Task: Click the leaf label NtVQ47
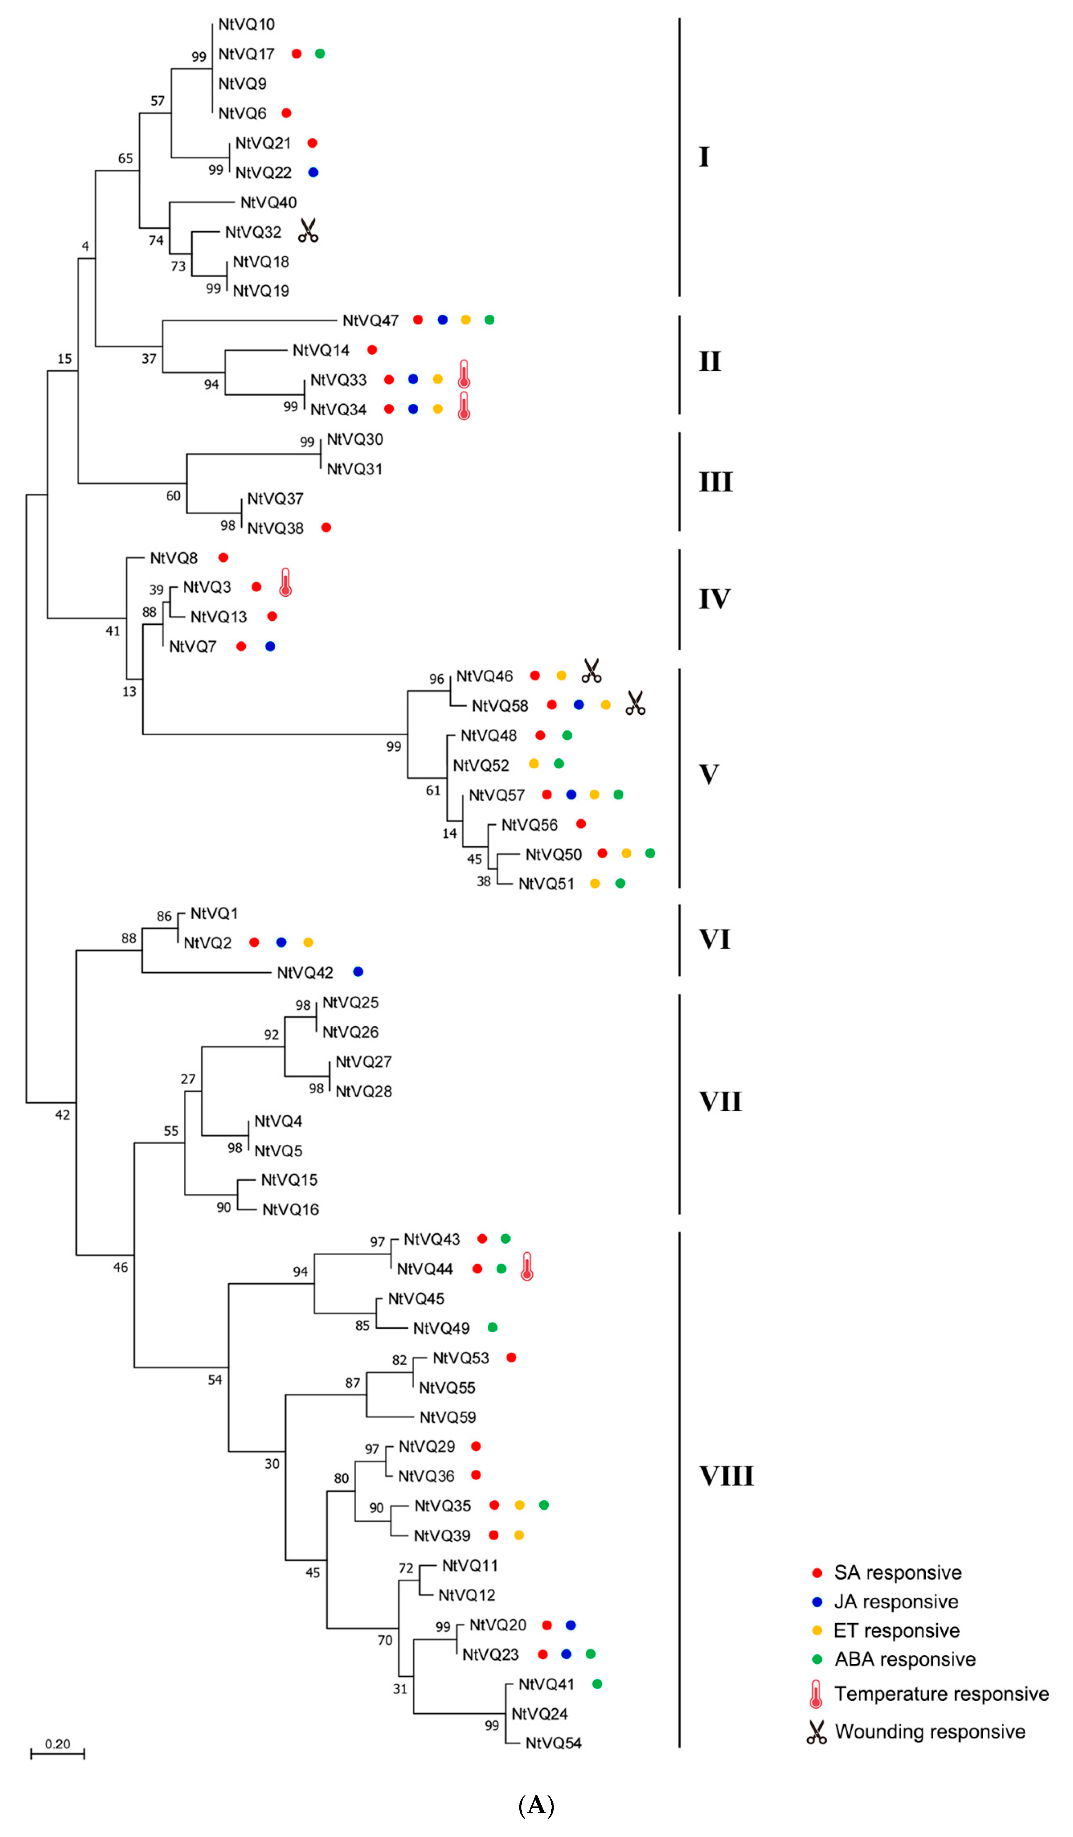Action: point(370,321)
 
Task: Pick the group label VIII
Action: point(726,1476)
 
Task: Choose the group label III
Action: point(715,482)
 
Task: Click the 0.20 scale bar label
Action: point(58,1744)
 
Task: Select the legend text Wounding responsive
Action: point(929,1731)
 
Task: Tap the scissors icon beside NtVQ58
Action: point(635,704)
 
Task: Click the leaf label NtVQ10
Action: point(246,25)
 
